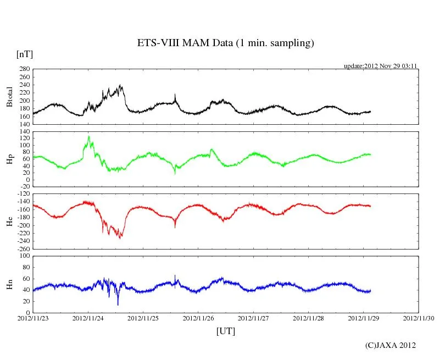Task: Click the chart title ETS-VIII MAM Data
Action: pos(225,43)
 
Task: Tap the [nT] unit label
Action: pos(24,54)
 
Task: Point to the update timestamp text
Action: pos(381,66)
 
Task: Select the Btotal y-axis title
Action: pos(9,97)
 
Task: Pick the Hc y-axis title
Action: pos(9,221)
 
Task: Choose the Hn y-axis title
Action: pos(9,284)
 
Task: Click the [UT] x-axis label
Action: pos(226,331)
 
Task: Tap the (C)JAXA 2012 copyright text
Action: pos(390,345)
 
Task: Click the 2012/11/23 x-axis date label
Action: pos(33,317)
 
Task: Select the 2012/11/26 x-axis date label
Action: pos(198,317)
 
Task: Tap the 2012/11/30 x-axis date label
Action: pos(419,317)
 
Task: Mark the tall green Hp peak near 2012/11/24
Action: pos(89,137)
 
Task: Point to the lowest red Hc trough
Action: pos(121,237)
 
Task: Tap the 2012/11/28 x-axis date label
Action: pos(309,317)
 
